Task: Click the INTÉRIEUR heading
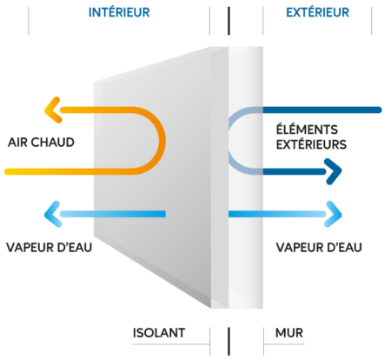[119, 12]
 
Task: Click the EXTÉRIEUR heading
[317, 12]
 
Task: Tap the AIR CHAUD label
[41, 143]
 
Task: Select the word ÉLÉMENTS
[307, 130]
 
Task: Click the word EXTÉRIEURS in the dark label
[311, 144]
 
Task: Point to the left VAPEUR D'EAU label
[50, 248]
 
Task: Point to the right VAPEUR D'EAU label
[319, 248]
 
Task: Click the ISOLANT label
[159, 333]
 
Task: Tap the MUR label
[289, 333]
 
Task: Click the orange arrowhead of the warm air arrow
[52, 110]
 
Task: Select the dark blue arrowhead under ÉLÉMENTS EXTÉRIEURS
[334, 171]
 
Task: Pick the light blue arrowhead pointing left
[52, 214]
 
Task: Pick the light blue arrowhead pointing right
[334, 214]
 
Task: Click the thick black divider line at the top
[229, 21]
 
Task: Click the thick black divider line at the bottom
[229, 342]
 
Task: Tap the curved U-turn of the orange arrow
[162, 141]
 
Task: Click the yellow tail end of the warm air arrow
[7, 171]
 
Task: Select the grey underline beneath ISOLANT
[171, 344]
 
